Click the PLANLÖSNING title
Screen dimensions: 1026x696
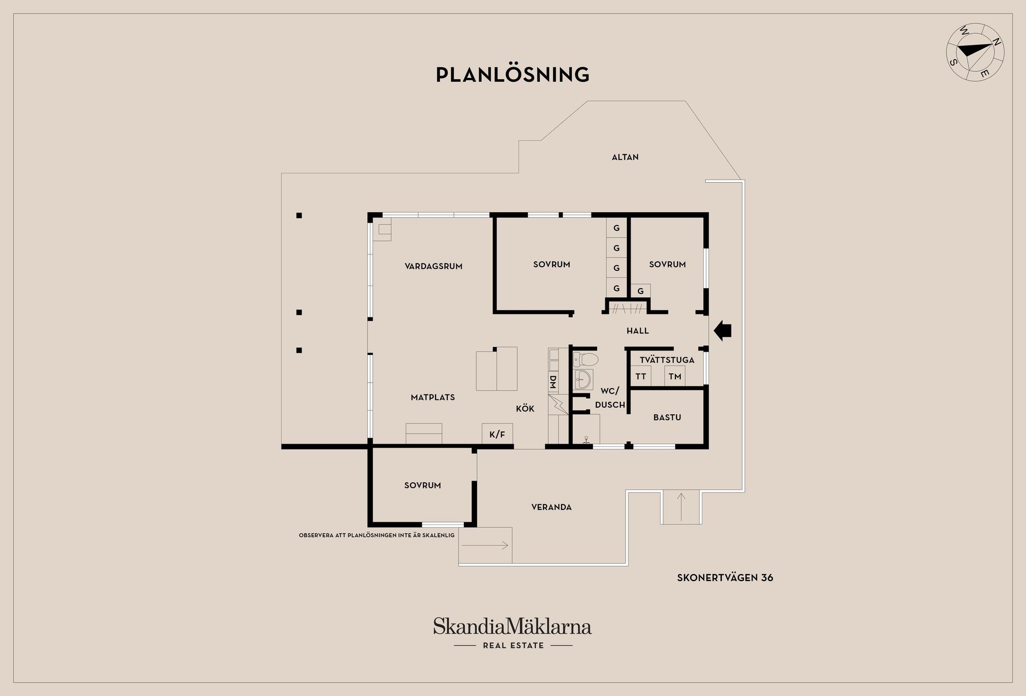click(x=512, y=74)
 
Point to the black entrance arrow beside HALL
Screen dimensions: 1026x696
click(x=722, y=330)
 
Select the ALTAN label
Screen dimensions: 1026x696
click(x=625, y=157)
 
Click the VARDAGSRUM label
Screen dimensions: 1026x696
click(x=433, y=266)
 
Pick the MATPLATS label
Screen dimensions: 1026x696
click(x=433, y=397)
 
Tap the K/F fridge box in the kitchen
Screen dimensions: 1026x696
click(x=498, y=434)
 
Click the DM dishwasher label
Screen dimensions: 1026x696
click(x=553, y=382)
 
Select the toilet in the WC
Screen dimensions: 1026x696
click(x=585, y=358)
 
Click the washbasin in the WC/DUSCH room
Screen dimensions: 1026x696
click(x=583, y=380)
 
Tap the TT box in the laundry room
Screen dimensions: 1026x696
click(x=641, y=376)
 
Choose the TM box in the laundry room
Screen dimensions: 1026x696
click(x=675, y=376)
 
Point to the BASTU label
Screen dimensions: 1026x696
click(x=667, y=417)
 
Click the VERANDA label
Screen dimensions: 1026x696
click(x=551, y=507)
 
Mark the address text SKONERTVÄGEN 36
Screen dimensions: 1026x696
click(x=725, y=578)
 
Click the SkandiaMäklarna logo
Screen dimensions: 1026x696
click(x=512, y=633)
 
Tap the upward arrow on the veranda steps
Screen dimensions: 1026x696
click(x=681, y=507)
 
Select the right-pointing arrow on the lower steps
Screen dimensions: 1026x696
click(x=485, y=546)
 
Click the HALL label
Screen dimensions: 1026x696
click(x=638, y=331)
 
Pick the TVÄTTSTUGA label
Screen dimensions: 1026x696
click(x=667, y=360)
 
